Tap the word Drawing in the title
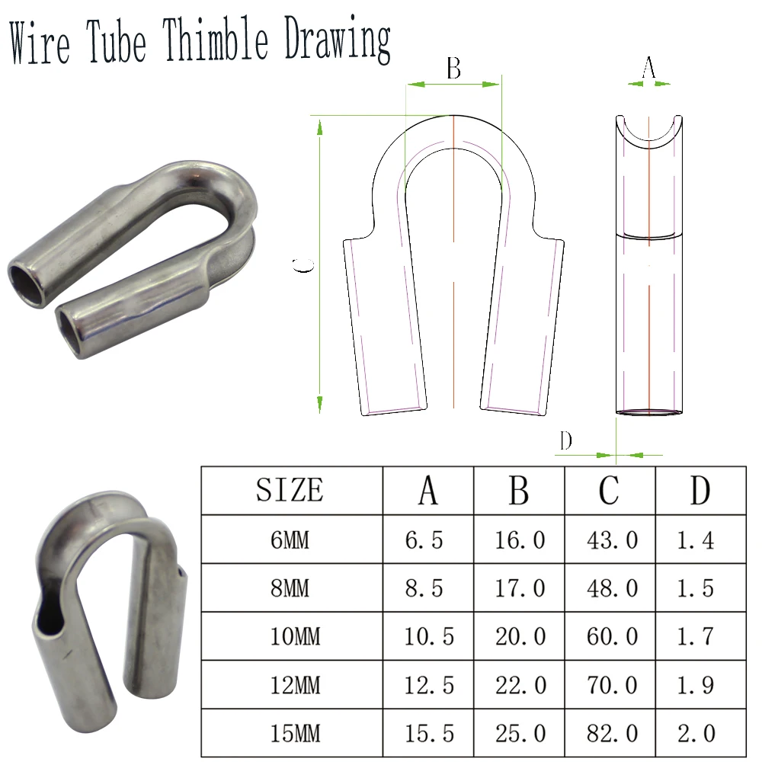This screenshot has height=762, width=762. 338,40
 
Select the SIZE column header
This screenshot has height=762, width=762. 290,490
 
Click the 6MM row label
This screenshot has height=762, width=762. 290,540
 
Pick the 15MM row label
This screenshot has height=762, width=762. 296,733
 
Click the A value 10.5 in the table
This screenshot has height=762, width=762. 428,636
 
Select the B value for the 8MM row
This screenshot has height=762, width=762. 520,588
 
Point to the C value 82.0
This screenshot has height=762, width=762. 612,733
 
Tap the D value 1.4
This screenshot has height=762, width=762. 696,540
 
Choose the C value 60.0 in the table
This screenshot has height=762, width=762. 612,636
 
